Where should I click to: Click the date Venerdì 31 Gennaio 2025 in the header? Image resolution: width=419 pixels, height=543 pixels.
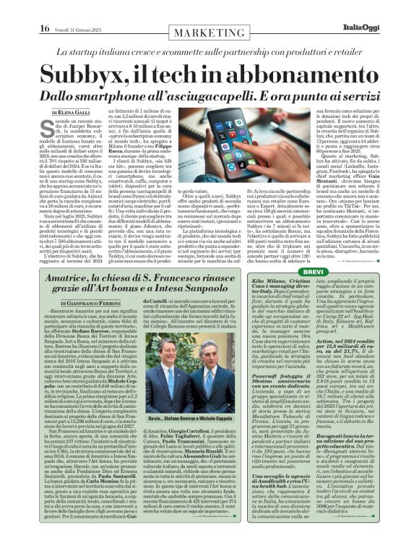[61, 9]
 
